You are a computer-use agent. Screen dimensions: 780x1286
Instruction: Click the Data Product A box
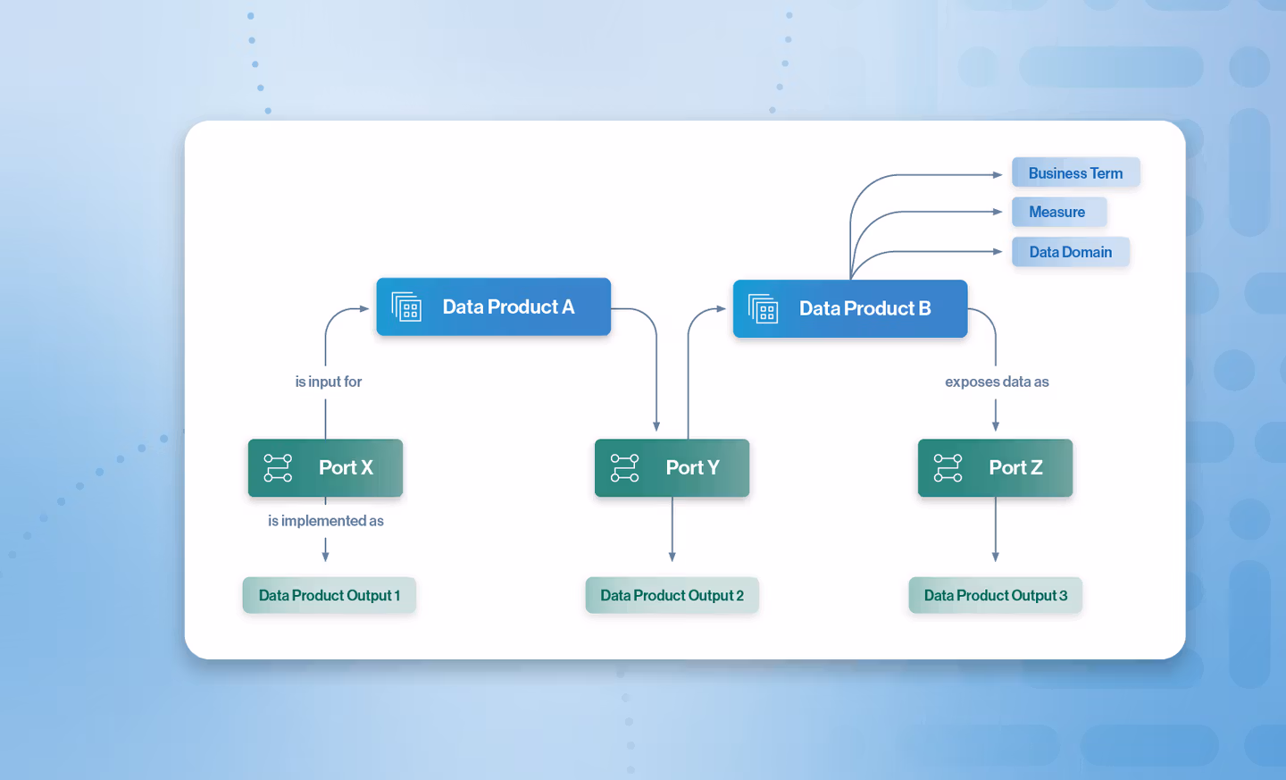tap(493, 306)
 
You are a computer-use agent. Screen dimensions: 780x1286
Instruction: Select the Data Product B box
tap(849, 308)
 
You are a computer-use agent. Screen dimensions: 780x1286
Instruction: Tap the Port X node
tap(325, 467)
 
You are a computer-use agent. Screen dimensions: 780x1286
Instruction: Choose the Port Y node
tap(672, 467)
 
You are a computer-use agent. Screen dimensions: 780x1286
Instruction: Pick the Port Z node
tap(995, 467)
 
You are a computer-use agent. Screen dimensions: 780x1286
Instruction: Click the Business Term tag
tap(1075, 173)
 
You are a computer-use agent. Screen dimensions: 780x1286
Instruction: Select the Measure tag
tap(1058, 212)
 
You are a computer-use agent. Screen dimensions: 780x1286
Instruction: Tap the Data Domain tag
tap(1070, 252)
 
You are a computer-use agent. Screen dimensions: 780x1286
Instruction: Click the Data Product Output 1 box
tap(329, 595)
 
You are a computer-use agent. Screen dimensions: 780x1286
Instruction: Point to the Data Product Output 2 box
tap(672, 595)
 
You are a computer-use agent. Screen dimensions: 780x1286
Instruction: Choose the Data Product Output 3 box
tap(995, 595)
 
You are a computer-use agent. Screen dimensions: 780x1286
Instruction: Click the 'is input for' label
tap(328, 382)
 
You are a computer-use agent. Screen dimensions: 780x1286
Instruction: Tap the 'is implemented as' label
tap(325, 521)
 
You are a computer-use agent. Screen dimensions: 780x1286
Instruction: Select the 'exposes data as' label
tap(997, 382)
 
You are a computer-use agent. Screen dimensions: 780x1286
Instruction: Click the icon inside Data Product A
tap(406, 307)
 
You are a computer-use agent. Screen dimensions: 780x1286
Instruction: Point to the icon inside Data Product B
tap(764, 309)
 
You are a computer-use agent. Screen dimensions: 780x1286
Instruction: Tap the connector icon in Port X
tap(278, 467)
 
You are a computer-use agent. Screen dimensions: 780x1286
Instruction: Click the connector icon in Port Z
tap(948, 467)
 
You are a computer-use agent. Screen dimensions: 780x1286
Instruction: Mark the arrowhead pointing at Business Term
tap(998, 175)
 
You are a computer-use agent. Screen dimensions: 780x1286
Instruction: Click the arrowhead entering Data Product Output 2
tap(672, 557)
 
